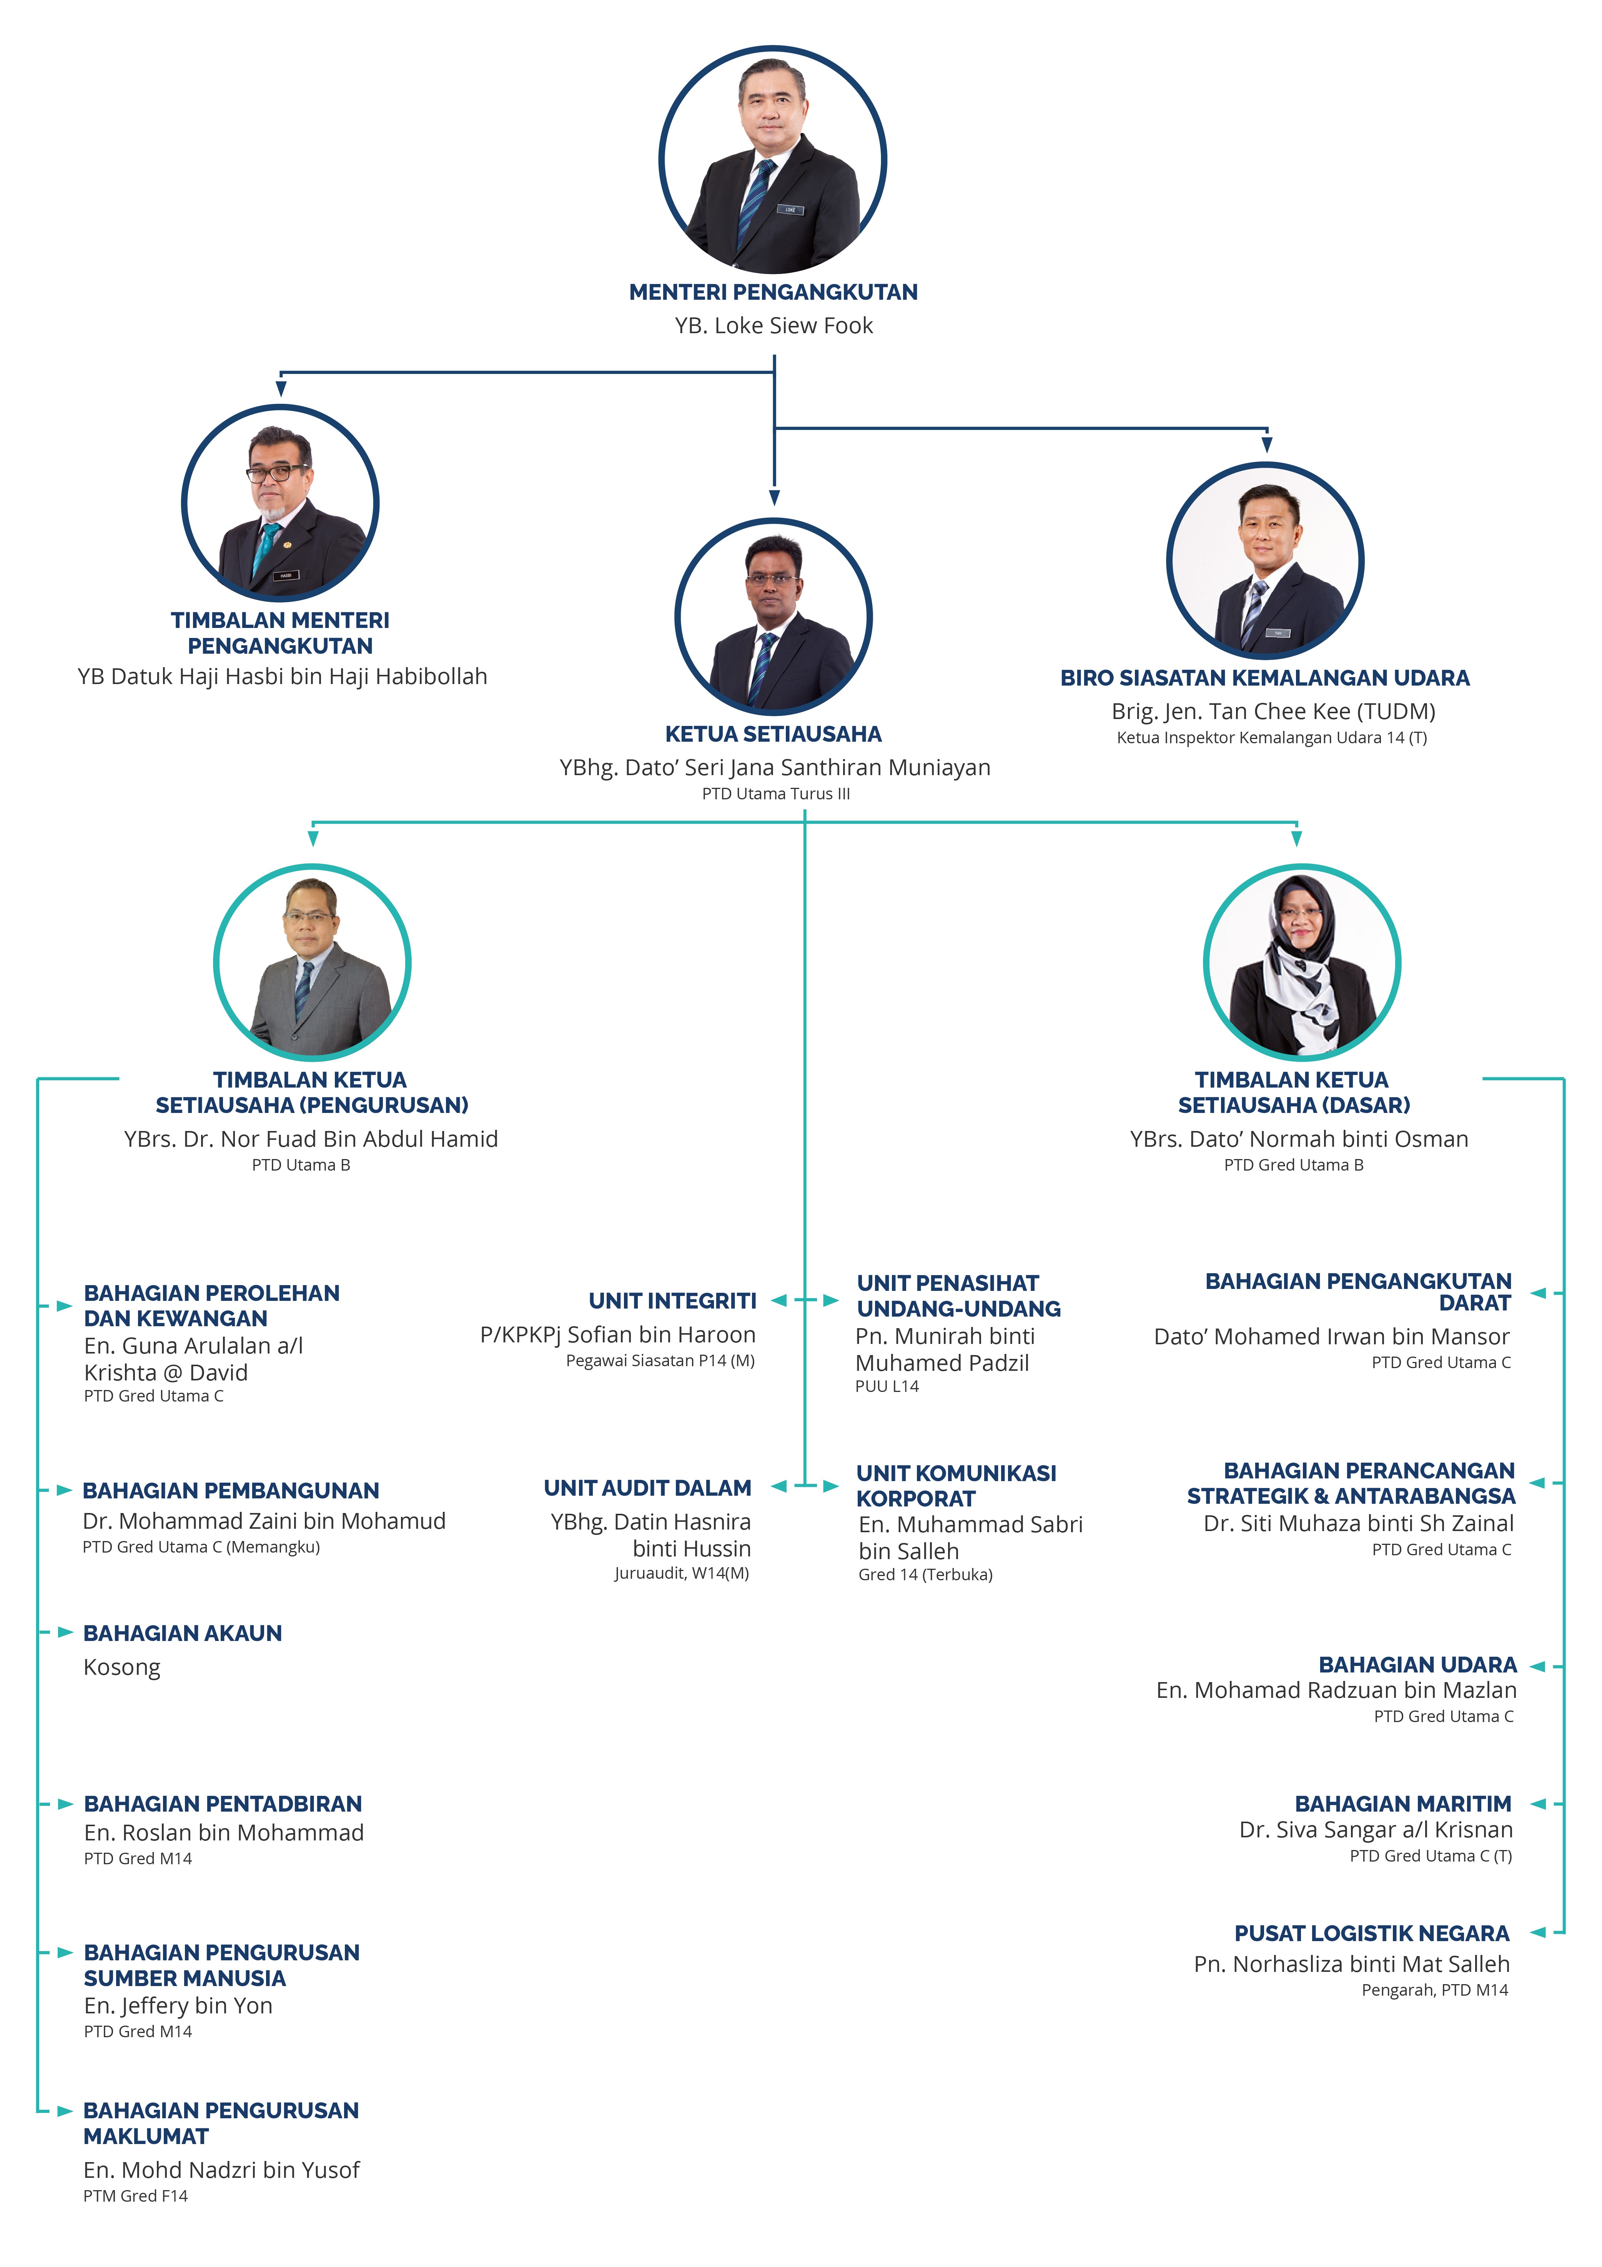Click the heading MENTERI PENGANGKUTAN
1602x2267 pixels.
774,292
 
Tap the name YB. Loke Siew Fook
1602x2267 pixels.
774,326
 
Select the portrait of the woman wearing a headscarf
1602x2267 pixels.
1301,963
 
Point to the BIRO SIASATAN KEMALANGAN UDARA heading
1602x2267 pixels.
1264,678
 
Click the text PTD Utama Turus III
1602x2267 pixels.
775,794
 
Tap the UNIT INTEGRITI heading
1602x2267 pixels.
673,1301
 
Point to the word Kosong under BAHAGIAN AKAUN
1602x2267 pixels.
121,1667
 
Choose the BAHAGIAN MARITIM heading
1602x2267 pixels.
1402,1804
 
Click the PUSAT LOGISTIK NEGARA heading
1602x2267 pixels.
1372,1933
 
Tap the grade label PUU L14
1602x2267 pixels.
887,1386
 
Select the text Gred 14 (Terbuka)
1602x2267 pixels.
925,1575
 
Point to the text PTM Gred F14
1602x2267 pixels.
135,2196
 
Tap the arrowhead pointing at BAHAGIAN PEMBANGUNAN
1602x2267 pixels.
64,1490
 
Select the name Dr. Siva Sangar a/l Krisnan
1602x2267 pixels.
1376,1830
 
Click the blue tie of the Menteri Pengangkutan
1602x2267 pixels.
755,198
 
